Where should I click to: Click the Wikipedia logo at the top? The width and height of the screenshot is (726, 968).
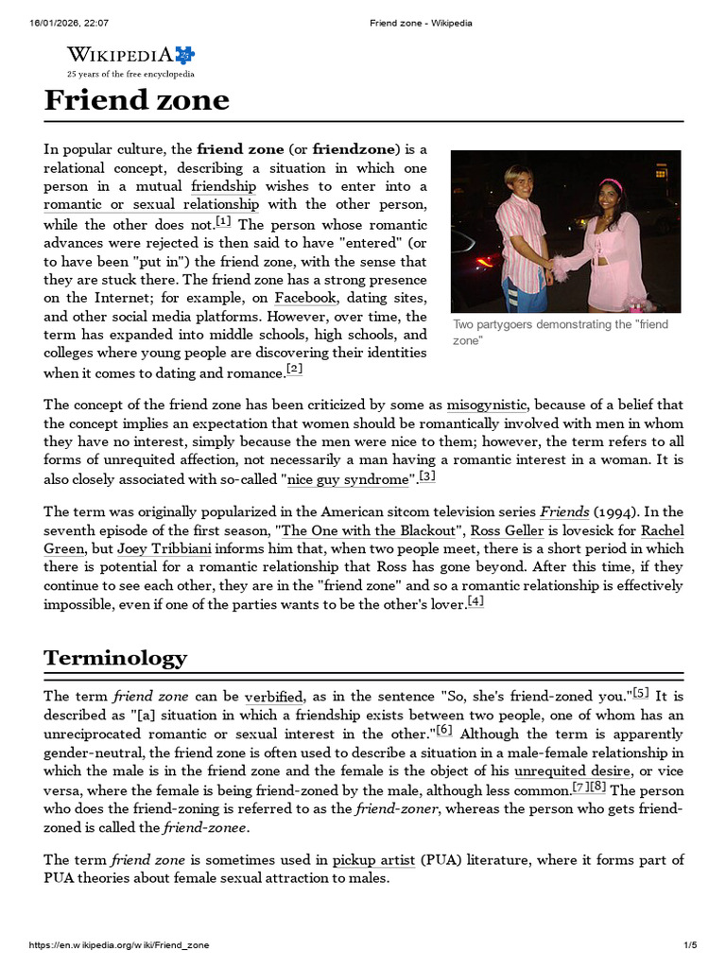click(130, 59)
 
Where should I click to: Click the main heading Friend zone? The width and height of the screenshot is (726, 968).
click(136, 100)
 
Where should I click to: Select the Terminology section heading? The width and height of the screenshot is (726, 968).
click(115, 657)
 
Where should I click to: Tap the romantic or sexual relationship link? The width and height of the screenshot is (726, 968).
click(151, 204)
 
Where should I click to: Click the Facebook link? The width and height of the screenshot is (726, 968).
click(306, 298)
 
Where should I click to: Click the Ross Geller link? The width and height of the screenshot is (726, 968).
click(497, 531)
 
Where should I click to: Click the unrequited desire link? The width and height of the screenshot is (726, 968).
click(572, 770)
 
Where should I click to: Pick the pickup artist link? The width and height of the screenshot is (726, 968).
click(374, 860)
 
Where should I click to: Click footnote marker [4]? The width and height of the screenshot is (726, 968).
click(475, 601)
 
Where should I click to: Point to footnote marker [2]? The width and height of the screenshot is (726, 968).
click(294, 369)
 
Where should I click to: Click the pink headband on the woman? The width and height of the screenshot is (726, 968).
click(613, 185)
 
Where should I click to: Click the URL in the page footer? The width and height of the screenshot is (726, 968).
click(119, 945)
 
